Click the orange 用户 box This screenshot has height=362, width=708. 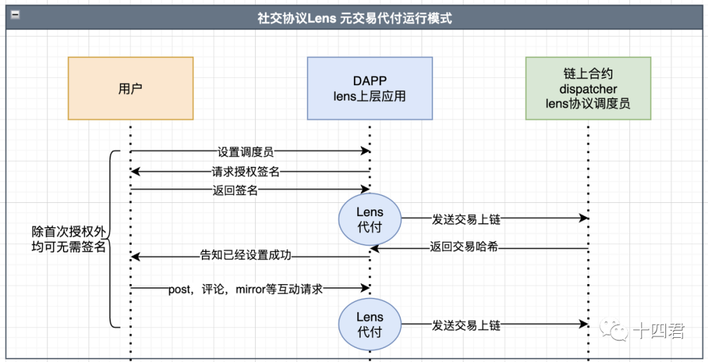(x=130, y=88)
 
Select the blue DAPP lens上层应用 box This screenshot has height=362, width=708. (x=370, y=88)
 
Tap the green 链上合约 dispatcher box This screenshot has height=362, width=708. (x=588, y=88)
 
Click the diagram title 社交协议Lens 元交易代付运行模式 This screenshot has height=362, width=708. (x=354, y=18)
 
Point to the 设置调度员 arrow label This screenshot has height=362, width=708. (x=245, y=151)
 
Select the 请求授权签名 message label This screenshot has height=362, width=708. (x=246, y=172)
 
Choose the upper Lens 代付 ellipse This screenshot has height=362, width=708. (x=370, y=219)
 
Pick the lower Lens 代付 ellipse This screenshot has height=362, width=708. (x=370, y=324)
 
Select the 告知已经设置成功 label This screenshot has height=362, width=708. (x=245, y=255)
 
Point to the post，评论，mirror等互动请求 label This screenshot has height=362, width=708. (x=246, y=288)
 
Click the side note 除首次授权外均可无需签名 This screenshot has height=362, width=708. (x=69, y=240)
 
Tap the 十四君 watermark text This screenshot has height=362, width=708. (x=658, y=332)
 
